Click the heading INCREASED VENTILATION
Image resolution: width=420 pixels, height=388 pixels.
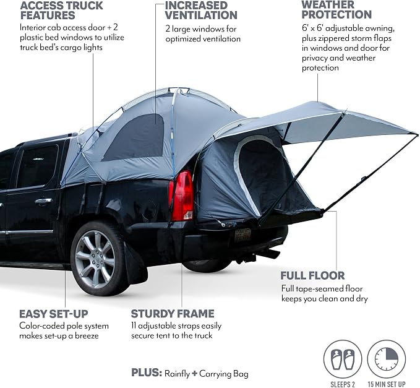201,10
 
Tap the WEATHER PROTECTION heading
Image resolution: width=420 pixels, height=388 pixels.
336,10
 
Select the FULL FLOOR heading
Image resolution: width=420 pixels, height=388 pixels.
312,275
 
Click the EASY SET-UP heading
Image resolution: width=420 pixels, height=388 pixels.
54,314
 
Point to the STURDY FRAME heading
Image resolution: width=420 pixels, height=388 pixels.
173,314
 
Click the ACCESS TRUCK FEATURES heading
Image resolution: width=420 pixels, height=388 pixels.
61,11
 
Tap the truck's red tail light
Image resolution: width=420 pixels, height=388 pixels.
181,196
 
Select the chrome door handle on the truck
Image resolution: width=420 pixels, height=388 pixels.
43,201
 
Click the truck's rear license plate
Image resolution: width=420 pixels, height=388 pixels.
243,235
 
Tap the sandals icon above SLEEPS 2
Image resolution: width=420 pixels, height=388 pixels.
343,359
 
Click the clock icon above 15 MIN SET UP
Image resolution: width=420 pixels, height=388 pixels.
386,359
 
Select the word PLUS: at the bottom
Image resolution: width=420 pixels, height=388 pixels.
147,373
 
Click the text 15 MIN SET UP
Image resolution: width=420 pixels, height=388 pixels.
387,384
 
